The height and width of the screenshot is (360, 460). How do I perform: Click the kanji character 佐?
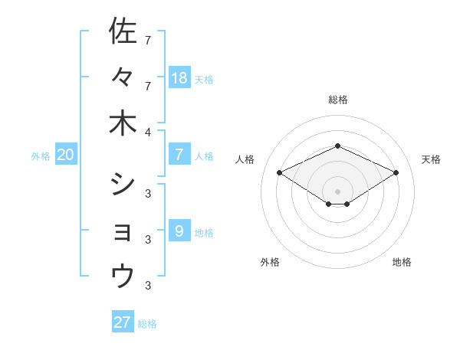pyautogui.click(x=123, y=31)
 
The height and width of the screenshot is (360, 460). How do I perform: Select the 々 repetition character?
pyautogui.click(x=123, y=77)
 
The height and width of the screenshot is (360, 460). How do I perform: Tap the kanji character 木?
pyautogui.click(x=123, y=123)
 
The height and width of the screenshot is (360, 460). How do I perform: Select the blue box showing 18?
pyautogui.click(x=179, y=77)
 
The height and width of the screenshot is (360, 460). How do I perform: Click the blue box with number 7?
pyautogui.click(x=179, y=155)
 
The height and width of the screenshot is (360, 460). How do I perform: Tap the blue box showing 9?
pyautogui.click(x=179, y=231)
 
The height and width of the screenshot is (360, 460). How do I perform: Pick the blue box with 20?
pyautogui.click(x=65, y=155)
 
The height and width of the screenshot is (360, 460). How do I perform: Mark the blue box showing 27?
pyautogui.click(x=123, y=322)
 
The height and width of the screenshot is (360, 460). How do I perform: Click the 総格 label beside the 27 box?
pyautogui.click(x=147, y=324)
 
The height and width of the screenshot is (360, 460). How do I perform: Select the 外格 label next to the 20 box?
pyautogui.click(x=41, y=156)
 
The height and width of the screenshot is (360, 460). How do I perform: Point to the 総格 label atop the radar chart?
pyautogui.click(x=338, y=100)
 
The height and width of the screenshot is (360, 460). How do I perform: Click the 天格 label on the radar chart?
pyautogui.click(x=431, y=159)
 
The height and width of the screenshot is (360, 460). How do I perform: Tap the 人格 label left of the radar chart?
pyautogui.click(x=245, y=159)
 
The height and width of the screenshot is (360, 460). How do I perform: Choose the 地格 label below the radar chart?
pyautogui.click(x=402, y=262)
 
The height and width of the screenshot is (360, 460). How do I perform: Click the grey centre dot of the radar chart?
pyautogui.click(x=338, y=191)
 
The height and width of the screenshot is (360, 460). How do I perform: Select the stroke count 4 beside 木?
pyautogui.click(x=147, y=133)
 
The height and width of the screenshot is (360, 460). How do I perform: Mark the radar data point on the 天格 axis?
pyautogui.click(x=396, y=173)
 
